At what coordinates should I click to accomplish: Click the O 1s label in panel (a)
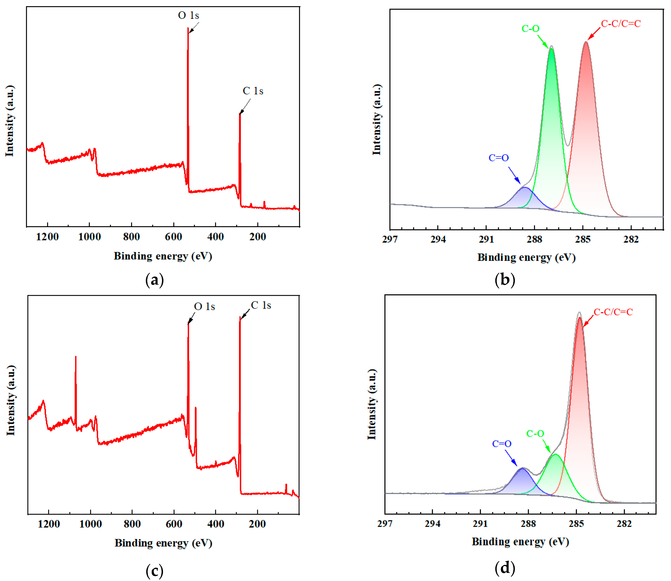coord(188,16)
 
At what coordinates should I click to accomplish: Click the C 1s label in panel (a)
coord(253,91)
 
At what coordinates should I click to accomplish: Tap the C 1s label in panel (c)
coord(261,305)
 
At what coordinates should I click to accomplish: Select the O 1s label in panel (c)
coord(204,307)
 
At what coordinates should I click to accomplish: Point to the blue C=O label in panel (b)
coord(499,158)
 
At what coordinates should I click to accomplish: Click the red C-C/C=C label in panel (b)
coord(621,24)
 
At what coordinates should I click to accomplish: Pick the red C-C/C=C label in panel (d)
coord(613,312)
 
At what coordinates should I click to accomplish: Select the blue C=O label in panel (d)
coord(502,444)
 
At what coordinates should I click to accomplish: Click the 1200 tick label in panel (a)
coord(47,237)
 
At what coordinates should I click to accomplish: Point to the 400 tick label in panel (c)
coord(216,524)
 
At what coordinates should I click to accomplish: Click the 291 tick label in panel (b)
coord(486,240)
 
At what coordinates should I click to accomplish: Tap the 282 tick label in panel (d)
coord(624,524)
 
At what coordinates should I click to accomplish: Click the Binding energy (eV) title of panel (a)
coord(163,256)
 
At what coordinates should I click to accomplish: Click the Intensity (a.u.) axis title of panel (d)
coord(372,404)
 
